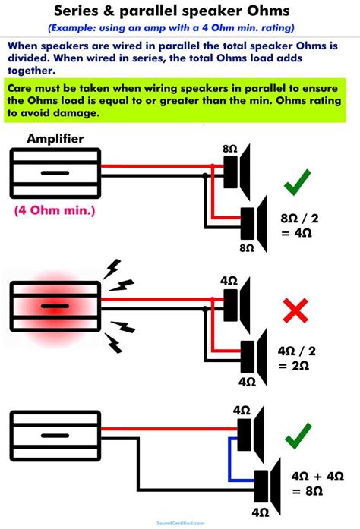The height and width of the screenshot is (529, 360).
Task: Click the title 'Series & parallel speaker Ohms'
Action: (x=179, y=11)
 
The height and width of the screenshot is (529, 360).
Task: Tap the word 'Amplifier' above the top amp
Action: (x=55, y=138)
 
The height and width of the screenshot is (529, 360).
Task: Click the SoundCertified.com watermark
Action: (x=179, y=523)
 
